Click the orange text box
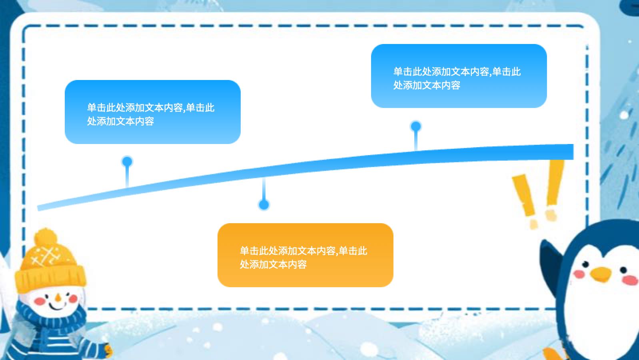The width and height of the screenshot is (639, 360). [305, 255]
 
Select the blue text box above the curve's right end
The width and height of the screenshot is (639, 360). [459, 76]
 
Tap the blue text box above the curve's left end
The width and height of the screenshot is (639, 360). [153, 112]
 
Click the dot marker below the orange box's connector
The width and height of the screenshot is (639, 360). [264, 204]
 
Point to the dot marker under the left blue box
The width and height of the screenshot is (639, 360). [127, 162]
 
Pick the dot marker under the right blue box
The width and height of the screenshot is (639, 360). [416, 126]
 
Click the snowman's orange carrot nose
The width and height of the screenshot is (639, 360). [58, 298]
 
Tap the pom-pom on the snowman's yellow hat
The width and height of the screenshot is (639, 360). [46, 238]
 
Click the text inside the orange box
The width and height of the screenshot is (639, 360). [303, 258]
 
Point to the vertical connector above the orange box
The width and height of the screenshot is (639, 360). [264, 189]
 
